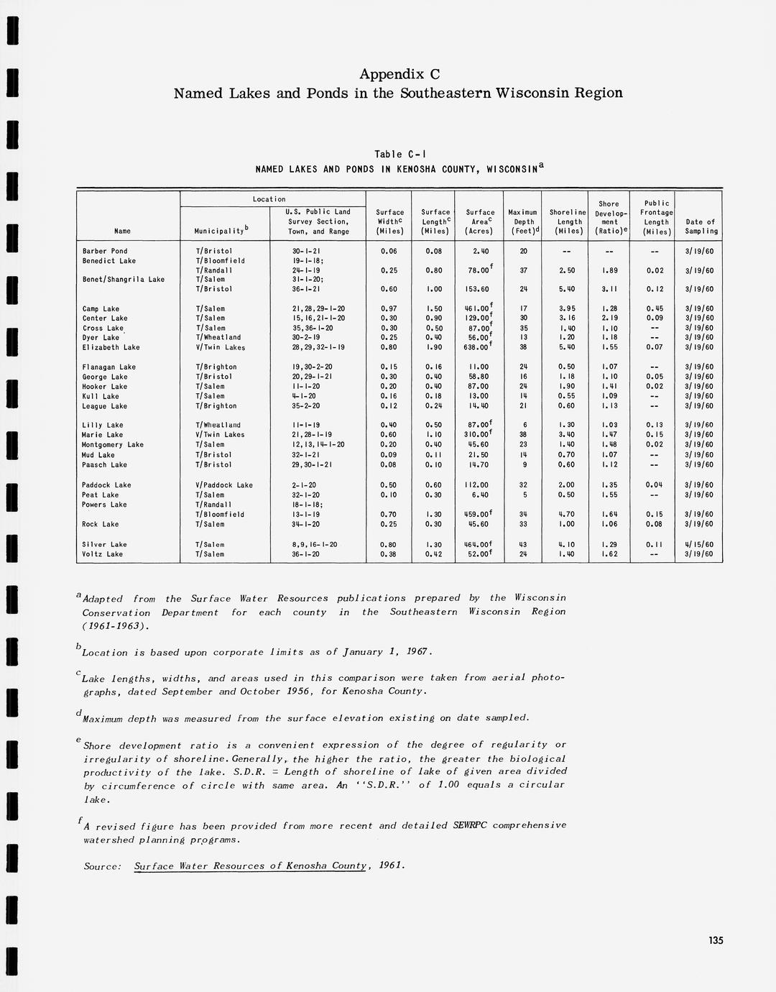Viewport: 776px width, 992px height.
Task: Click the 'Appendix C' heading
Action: (x=399, y=74)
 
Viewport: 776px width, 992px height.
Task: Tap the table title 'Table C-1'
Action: (x=400, y=155)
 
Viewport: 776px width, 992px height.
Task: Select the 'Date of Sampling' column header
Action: (x=700, y=226)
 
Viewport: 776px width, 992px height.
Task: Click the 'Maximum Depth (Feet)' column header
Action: (x=523, y=221)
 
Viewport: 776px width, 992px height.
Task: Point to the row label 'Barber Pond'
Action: (x=105, y=252)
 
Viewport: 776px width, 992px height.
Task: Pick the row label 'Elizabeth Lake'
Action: (x=111, y=347)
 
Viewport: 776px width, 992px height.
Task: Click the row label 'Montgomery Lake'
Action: (x=113, y=445)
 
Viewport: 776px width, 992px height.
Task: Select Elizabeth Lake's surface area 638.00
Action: (x=477, y=347)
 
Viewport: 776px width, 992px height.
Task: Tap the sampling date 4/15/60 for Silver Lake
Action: (x=698, y=545)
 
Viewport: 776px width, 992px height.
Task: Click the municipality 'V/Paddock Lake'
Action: (x=224, y=485)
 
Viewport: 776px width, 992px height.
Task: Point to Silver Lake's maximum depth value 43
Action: (x=523, y=545)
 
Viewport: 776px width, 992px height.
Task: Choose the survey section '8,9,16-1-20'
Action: (x=315, y=545)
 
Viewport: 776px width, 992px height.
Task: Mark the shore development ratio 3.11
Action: (x=609, y=289)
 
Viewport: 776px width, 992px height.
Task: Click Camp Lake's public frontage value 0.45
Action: (x=655, y=309)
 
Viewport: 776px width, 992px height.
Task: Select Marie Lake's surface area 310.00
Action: (x=477, y=435)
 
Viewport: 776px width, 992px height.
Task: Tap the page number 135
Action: (x=716, y=940)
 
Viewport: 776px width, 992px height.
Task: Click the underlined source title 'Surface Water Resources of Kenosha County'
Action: (x=251, y=866)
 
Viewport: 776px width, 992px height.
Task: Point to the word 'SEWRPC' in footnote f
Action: (x=469, y=825)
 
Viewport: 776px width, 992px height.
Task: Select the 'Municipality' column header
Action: (x=221, y=231)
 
